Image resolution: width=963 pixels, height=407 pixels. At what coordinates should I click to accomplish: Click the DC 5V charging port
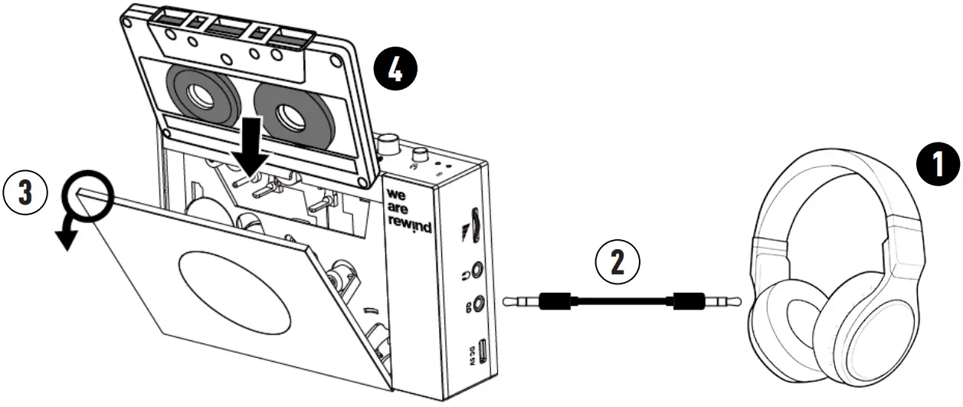pos(482,350)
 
